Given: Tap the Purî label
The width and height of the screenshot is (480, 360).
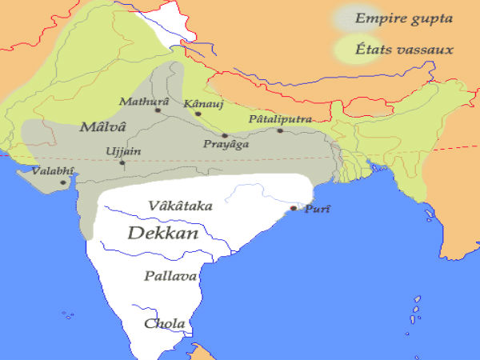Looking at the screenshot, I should tap(318, 209).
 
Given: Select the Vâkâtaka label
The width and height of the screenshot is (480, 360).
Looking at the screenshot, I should tap(180, 206).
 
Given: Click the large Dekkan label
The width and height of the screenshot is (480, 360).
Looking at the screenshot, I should tap(163, 233).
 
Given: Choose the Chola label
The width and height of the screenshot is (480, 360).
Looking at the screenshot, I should tap(164, 324).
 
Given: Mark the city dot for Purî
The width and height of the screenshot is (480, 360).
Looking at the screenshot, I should tap(294, 208).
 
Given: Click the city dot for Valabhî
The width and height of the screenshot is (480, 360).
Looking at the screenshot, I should tap(62, 183).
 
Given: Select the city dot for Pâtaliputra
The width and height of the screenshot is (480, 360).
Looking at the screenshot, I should tap(280, 130).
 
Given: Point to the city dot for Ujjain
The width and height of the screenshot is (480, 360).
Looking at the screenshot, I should tap(122, 163).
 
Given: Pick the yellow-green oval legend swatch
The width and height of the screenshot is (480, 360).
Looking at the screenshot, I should tap(353, 50).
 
